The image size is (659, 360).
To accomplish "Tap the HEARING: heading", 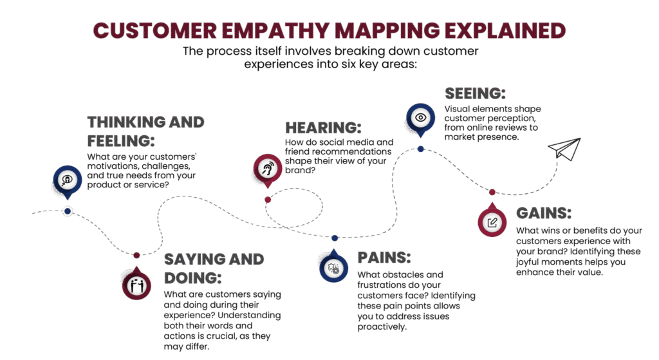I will (323, 128).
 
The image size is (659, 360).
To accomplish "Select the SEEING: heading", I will (475, 93).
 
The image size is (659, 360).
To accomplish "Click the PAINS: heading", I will (384, 258).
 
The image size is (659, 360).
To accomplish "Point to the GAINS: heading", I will (544, 213).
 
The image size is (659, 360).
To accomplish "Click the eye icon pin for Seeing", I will (420, 118).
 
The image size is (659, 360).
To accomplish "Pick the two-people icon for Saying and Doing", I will (136, 284).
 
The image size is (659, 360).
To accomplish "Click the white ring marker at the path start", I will (67, 211).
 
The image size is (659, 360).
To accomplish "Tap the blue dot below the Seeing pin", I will (420, 149).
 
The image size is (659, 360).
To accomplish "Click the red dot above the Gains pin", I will (492, 192).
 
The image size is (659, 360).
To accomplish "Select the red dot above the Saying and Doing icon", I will (136, 256).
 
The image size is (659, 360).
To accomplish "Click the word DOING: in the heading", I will (193, 278).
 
